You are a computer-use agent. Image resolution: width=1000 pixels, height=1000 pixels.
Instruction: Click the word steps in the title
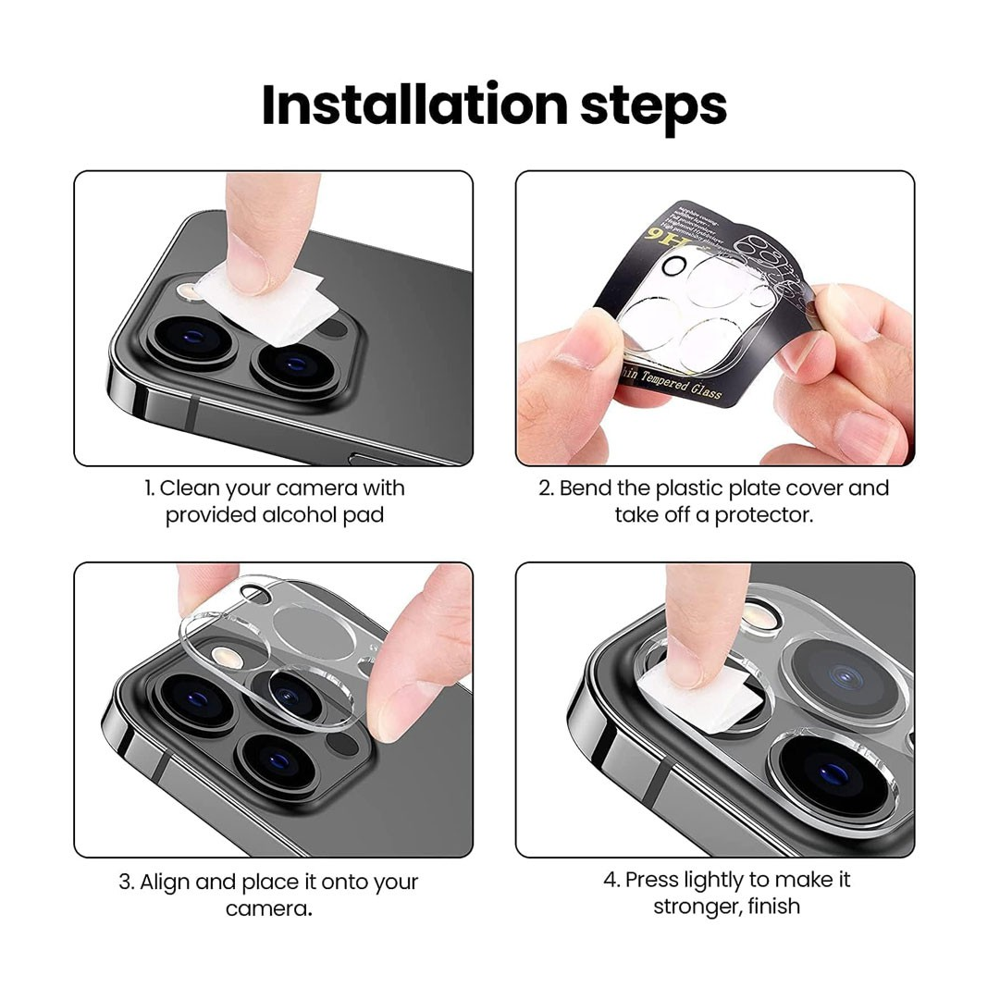click(x=653, y=107)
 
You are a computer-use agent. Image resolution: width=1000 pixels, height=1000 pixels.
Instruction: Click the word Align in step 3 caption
click(x=163, y=882)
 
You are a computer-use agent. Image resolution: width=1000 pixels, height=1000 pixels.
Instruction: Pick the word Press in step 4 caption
click(x=652, y=879)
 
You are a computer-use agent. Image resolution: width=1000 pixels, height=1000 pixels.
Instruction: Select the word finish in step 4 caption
click(x=775, y=907)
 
